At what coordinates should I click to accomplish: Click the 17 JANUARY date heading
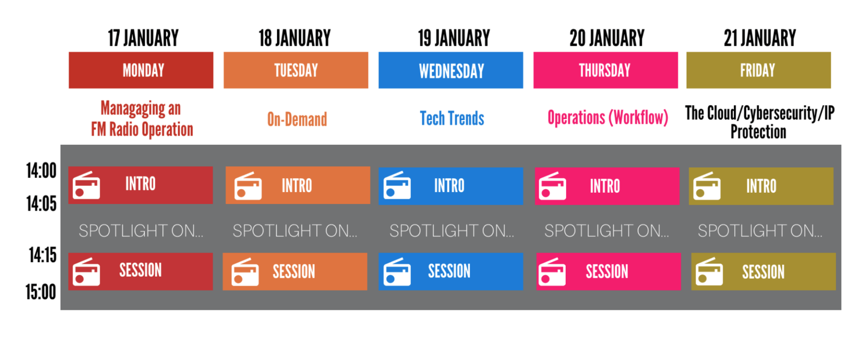[x=143, y=38]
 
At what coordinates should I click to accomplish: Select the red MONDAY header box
[x=141, y=70]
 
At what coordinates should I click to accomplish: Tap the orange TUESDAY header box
[x=296, y=70]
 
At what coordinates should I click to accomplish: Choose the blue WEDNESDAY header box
[x=451, y=70]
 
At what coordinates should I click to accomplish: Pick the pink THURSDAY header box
[x=606, y=70]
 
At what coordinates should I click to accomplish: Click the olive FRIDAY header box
[x=759, y=70]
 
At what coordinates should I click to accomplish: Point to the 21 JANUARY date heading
[x=760, y=38]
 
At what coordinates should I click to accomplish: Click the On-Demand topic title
[x=297, y=120]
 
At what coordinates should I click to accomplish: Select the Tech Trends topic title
[x=452, y=119]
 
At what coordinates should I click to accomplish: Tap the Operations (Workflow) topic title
[x=608, y=118]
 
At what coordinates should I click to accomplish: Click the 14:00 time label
[x=41, y=171]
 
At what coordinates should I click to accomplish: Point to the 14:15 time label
[x=43, y=255]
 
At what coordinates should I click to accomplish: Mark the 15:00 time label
[x=41, y=292]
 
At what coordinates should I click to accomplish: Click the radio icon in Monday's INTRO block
[x=86, y=185]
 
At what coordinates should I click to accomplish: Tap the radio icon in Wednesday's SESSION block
[x=397, y=272]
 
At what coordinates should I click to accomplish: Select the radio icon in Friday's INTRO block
[x=707, y=186]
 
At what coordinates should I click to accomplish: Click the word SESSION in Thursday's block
[x=607, y=272]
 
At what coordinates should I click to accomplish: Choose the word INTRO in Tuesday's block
[x=297, y=185]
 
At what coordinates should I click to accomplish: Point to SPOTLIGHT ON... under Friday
[x=760, y=231]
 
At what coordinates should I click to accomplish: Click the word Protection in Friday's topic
[x=758, y=132]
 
